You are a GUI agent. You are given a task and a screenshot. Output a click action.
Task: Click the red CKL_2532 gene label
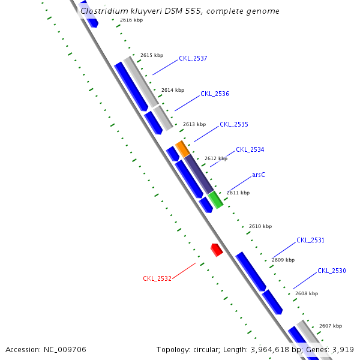157,278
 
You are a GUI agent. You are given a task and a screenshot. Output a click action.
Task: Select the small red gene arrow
217,249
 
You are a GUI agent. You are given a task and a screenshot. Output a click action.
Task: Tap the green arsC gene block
215,200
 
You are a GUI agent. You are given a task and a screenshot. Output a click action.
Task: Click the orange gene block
182,148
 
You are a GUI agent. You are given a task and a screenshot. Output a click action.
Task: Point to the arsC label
259,175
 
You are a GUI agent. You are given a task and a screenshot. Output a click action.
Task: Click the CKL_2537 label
193,59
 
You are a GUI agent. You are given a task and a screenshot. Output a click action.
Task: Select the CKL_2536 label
214,94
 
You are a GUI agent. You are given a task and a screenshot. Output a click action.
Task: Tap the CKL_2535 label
233,124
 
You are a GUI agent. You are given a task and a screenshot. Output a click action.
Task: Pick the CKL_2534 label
250,149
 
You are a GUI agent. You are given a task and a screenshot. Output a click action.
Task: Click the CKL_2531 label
310,240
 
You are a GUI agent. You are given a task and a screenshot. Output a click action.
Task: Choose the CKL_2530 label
331,271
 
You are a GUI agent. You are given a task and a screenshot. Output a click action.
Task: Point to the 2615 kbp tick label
152,55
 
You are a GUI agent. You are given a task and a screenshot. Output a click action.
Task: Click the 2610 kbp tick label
260,226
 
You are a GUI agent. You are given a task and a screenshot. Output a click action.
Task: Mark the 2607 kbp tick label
331,326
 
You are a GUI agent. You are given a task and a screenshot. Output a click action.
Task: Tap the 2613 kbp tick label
194,124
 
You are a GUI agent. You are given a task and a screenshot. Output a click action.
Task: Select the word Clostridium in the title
103,11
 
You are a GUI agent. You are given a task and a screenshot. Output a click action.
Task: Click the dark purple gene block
198,173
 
